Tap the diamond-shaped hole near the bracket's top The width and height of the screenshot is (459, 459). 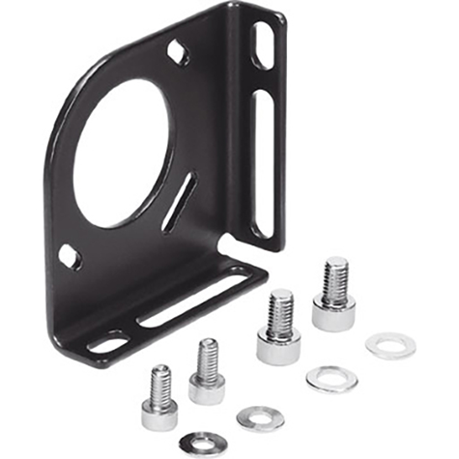coord(177,51)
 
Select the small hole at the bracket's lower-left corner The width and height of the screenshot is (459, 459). coord(71,257)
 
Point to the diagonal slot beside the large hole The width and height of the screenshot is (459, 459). coord(179,202)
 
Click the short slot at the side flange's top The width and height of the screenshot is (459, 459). coord(263,45)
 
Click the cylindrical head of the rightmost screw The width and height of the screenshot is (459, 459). coord(333,311)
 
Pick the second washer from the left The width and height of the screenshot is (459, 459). coord(261,418)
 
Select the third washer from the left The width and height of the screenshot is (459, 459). coord(331,379)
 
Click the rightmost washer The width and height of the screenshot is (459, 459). coord(389,346)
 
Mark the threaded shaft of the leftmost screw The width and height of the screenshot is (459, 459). coord(160,385)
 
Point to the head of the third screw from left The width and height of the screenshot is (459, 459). coord(277,346)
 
